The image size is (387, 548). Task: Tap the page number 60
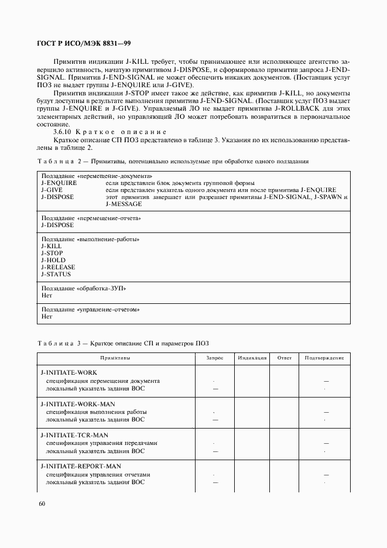42,504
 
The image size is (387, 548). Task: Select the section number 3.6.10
64,131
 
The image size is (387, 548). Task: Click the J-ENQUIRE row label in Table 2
59,183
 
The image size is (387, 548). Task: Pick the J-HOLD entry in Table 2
53,260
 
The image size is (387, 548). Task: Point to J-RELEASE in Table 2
58,267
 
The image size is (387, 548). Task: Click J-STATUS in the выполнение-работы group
56,274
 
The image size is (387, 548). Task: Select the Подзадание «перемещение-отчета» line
92,218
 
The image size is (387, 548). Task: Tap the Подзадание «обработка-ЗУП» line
84,289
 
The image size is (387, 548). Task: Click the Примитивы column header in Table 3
115,357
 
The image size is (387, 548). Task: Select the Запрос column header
215,357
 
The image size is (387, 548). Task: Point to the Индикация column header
252,357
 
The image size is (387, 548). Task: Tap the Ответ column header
284,357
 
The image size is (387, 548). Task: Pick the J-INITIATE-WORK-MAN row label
78,404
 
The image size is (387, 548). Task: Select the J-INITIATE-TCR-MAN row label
74,435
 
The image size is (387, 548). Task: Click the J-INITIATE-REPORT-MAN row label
81,467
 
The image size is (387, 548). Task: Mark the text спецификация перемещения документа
103,381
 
